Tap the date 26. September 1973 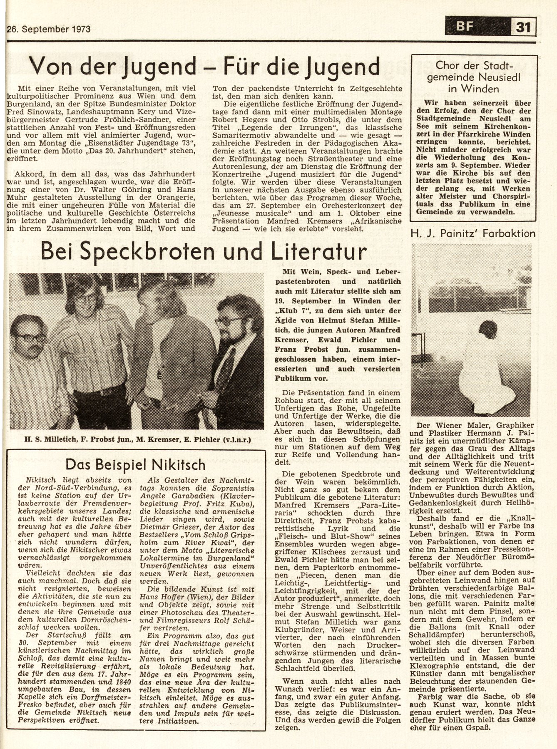tap(49, 29)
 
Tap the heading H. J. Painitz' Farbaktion tap(473, 233)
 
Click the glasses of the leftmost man tap(31, 337)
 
